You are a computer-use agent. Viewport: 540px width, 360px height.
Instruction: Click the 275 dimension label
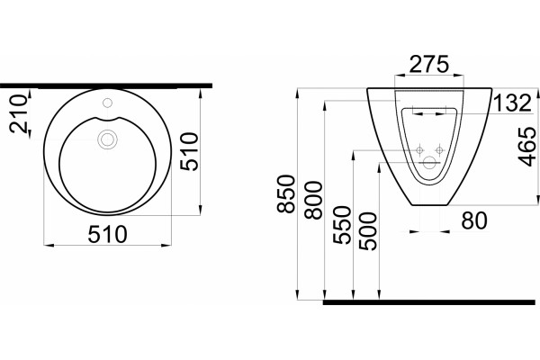[x=429, y=64]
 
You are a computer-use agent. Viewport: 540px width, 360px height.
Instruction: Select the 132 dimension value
[x=513, y=103]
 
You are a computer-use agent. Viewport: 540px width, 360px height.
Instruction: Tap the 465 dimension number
[x=526, y=147]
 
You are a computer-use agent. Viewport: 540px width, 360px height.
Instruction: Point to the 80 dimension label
[x=474, y=220]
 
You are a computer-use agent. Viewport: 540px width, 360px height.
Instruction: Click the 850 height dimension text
[x=286, y=194]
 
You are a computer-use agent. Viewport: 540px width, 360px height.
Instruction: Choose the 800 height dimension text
[x=314, y=201]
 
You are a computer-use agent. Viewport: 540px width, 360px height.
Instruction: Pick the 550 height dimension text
[x=342, y=225]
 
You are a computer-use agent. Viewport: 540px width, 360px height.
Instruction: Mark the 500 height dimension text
[x=368, y=231]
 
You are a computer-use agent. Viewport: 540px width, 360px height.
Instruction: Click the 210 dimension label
[x=18, y=113]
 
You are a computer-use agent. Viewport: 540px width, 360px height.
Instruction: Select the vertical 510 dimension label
[x=190, y=151]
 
